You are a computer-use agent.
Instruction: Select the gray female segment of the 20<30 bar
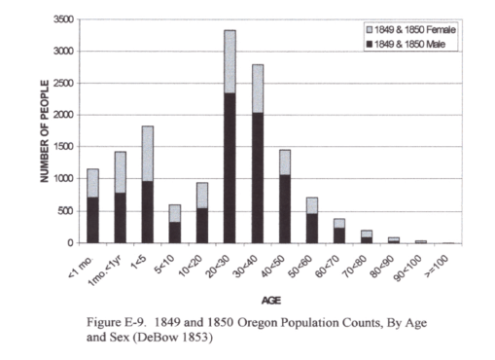[230, 61]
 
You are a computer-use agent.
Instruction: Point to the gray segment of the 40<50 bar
[284, 161]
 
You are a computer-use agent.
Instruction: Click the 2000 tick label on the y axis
[64, 115]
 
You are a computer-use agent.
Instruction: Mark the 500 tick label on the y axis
[67, 210]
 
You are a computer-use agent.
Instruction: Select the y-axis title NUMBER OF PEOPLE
[45, 130]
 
